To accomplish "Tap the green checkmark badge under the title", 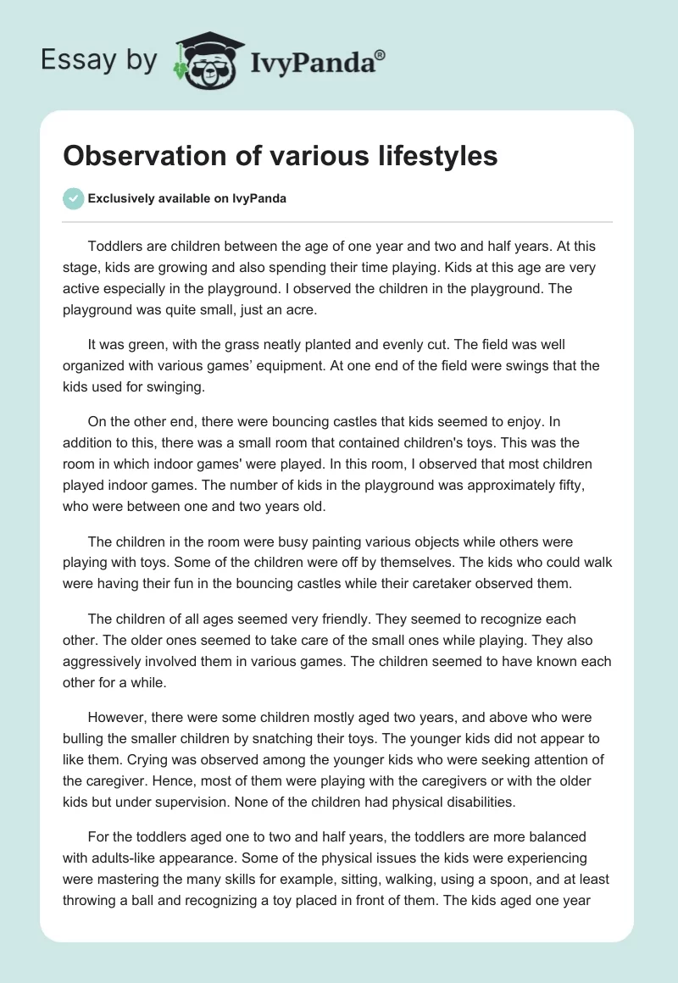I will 73,198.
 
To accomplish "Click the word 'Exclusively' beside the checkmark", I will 119,199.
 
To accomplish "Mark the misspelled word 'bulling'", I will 85,739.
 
